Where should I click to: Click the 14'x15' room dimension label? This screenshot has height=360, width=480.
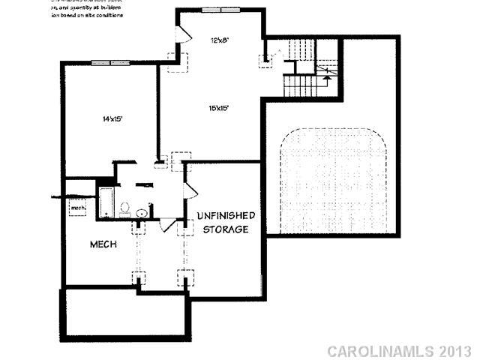tap(112, 118)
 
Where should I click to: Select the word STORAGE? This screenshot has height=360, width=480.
tap(226, 229)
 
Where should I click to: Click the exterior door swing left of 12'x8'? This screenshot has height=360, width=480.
tap(178, 34)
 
